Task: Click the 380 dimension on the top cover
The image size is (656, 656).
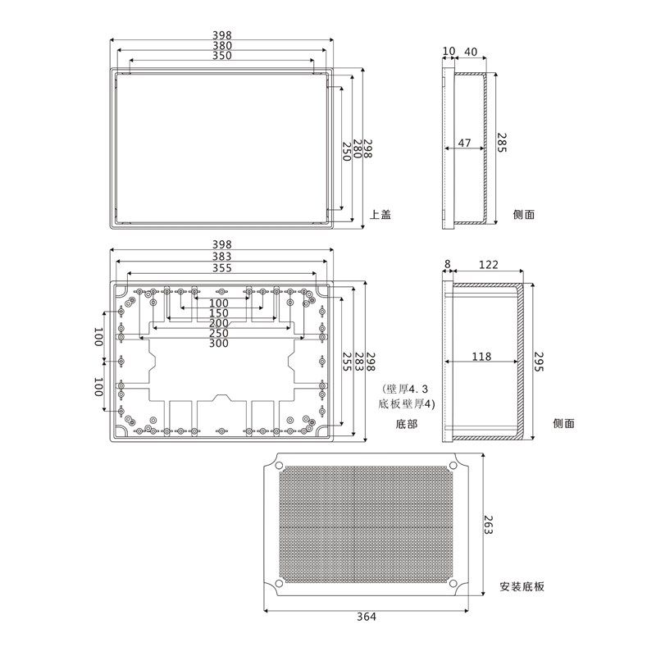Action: tap(221, 46)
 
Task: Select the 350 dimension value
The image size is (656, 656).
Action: tap(221, 57)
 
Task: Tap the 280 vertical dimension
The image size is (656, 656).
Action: tap(358, 148)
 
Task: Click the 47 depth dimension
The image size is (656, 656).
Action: tap(464, 143)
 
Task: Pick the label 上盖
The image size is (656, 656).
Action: tap(380, 214)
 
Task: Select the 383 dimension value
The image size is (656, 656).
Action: tap(221, 257)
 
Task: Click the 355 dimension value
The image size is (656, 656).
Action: tap(221, 268)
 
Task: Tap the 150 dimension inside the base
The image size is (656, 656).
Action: tap(219, 313)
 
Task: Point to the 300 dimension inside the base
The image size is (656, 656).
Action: tap(219, 344)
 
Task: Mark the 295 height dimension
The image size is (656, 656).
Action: tap(540, 361)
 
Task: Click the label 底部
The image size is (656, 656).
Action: tap(406, 424)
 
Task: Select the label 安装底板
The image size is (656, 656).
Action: tap(522, 587)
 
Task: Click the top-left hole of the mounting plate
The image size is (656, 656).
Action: tap(280, 467)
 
